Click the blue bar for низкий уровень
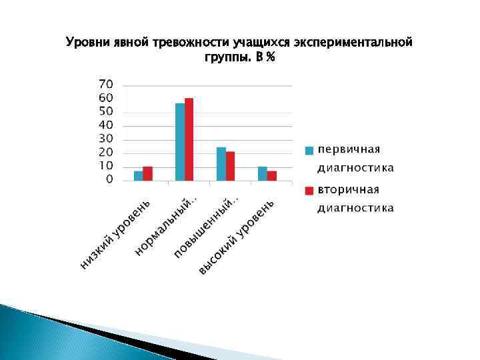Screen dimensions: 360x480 (x=138, y=176)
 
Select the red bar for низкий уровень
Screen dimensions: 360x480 (x=147, y=173)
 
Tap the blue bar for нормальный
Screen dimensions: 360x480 (x=179, y=142)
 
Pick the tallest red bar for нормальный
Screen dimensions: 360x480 (x=189, y=139)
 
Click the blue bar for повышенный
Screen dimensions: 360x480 (x=221, y=164)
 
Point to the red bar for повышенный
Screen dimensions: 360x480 (x=230, y=166)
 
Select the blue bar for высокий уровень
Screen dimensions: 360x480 (x=262, y=173)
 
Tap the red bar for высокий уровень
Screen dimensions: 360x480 (x=271, y=176)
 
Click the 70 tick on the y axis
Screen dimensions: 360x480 (x=106, y=85)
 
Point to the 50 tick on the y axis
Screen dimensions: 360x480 (x=106, y=112)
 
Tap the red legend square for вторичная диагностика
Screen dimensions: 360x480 (x=309, y=191)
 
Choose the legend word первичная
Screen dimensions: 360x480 (x=349, y=149)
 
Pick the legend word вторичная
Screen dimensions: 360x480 (x=349, y=190)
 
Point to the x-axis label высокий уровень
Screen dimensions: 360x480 (x=237, y=237)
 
